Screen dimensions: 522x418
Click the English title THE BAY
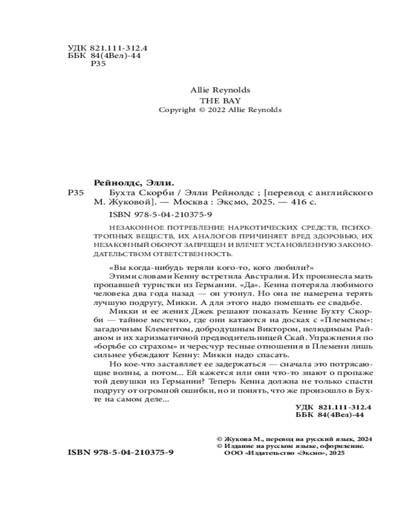pos(220,100)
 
